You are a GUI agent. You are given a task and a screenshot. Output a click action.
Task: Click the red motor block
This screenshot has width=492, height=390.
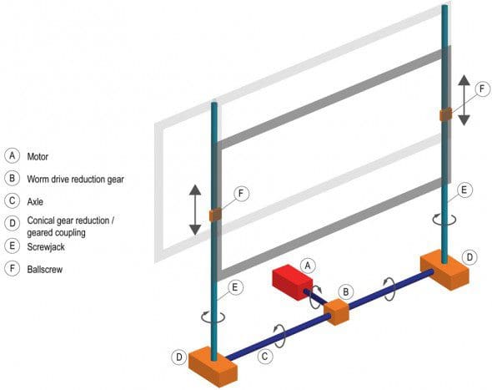pyautogui.click(x=292, y=282)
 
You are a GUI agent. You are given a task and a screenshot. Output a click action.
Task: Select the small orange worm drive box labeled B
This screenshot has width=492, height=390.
pyautogui.click(x=337, y=312)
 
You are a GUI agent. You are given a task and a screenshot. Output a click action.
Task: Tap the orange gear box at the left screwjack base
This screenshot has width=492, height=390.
pyautogui.click(x=213, y=367)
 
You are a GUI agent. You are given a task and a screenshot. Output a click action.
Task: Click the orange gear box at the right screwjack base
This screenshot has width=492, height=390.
pyautogui.click(x=444, y=271)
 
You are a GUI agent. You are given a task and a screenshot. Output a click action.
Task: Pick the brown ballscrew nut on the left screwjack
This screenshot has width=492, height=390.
pyautogui.click(x=215, y=215)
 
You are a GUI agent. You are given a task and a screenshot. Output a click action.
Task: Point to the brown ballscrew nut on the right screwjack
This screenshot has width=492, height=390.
pyautogui.click(x=445, y=114)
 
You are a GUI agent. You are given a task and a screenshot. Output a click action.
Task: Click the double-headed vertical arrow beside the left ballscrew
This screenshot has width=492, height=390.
pyautogui.click(x=195, y=210)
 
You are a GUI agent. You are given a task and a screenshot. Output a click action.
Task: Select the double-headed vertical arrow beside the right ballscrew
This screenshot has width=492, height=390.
pyautogui.click(x=464, y=100)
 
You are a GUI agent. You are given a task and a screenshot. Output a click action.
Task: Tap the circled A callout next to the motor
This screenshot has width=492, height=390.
pyautogui.click(x=308, y=266)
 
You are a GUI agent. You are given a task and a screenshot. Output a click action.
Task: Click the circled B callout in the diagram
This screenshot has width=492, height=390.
pyautogui.click(x=345, y=291)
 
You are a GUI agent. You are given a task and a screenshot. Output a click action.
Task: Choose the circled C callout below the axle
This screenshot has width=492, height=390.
pyautogui.click(x=265, y=357)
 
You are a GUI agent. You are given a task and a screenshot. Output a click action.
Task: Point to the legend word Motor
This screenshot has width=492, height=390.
pyautogui.click(x=38, y=156)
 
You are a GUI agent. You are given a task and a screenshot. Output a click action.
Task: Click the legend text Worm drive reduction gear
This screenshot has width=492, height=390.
pyautogui.click(x=75, y=179)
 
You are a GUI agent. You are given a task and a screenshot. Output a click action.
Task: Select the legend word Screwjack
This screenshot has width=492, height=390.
pyautogui.click(x=46, y=246)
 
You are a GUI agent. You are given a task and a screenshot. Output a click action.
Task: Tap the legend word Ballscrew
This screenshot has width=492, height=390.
pyautogui.click(x=44, y=269)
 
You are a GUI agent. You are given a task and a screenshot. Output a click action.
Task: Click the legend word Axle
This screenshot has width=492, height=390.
pyautogui.click(x=35, y=202)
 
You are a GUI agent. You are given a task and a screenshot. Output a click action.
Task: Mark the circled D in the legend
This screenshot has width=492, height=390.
pyautogui.click(x=13, y=223)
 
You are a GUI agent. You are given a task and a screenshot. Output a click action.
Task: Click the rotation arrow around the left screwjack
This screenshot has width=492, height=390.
pyautogui.click(x=213, y=317)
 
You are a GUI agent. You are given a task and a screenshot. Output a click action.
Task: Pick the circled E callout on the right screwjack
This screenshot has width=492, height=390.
pyautogui.click(x=464, y=190)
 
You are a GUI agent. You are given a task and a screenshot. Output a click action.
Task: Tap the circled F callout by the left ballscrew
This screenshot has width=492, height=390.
pyautogui.click(x=241, y=193)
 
